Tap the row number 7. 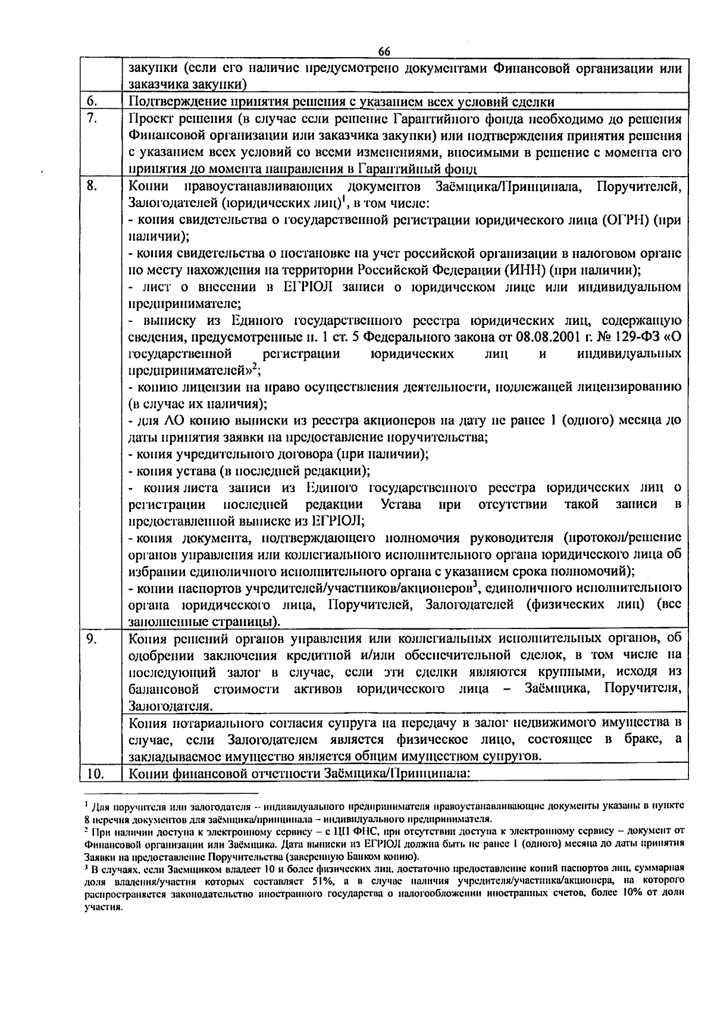click(91, 118)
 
